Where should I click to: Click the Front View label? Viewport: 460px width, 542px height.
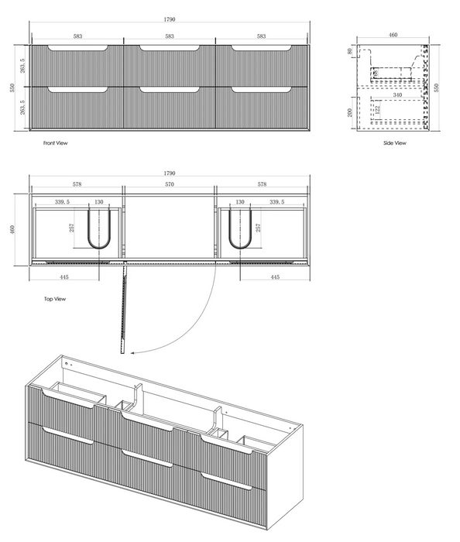[55, 143]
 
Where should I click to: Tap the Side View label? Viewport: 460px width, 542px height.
[395, 143]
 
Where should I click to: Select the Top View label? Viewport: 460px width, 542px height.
[54, 298]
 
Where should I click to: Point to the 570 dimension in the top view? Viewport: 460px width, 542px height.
[169, 185]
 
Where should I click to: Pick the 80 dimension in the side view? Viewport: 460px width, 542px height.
[350, 52]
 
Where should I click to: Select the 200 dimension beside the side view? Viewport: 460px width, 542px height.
[350, 112]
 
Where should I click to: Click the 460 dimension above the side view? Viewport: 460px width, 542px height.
[393, 35]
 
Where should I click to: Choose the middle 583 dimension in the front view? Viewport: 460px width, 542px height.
[169, 36]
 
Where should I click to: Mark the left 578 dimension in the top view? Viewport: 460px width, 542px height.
[77, 185]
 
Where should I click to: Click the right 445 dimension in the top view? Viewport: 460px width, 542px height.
[274, 276]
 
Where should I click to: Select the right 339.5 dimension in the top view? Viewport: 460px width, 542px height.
[277, 202]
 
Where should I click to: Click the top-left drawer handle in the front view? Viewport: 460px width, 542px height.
[77, 50]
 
